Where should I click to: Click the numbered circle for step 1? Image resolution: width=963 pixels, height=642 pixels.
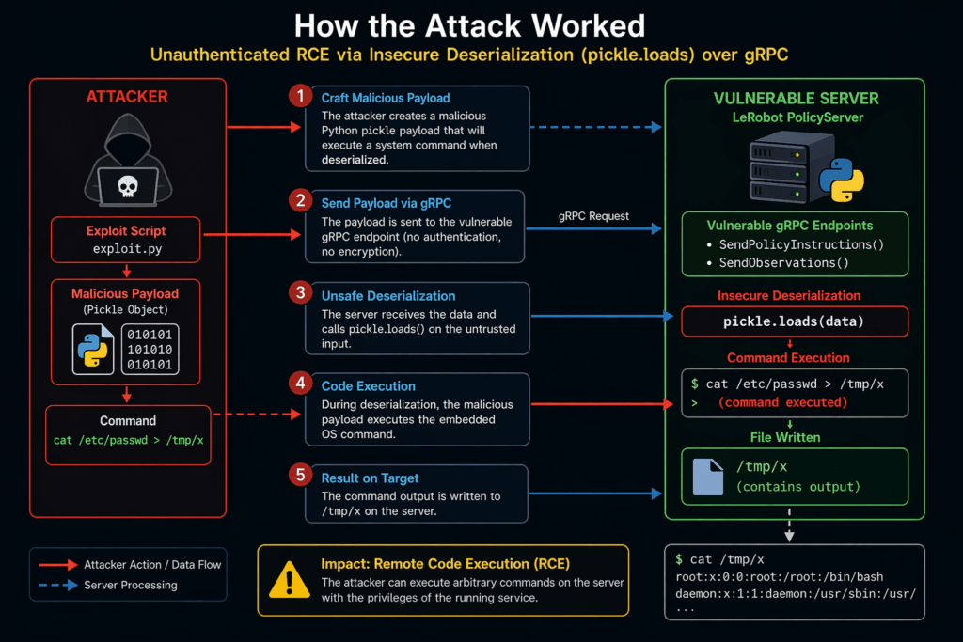(299, 96)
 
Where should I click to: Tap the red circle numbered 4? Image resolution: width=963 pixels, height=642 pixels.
(299, 384)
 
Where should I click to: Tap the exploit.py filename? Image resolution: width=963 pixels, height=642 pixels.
(126, 250)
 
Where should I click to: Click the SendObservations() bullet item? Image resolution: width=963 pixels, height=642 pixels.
(781, 262)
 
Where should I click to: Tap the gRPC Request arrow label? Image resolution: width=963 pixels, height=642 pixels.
(593, 216)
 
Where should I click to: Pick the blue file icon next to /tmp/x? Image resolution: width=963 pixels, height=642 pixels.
(707, 477)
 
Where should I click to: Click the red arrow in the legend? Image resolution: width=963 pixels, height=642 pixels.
(57, 564)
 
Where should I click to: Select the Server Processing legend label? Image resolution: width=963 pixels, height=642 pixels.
(130, 585)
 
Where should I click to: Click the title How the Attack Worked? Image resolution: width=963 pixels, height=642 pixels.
(481, 26)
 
